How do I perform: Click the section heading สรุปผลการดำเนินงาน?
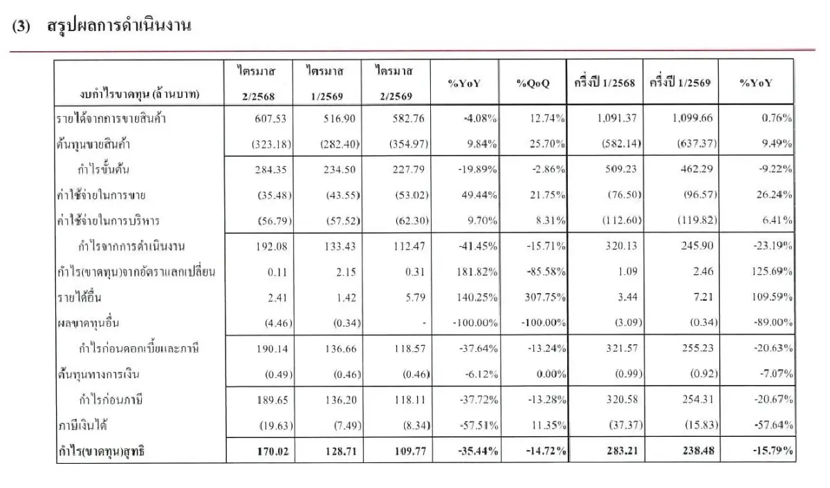(x=119, y=26)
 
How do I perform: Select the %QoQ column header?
(x=533, y=83)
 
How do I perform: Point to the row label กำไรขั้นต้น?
(x=103, y=169)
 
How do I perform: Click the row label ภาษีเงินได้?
(x=82, y=424)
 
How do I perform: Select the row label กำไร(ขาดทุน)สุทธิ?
(x=101, y=451)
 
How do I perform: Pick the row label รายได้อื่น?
(x=80, y=297)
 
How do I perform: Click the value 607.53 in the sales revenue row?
(x=270, y=118)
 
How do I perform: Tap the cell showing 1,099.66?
(x=692, y=118)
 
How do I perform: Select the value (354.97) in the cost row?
(x=408, y=144)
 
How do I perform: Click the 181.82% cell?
(x=477, y=272)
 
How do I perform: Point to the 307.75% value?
(x=545, y=297)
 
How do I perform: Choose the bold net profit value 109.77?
(x=409, y=451)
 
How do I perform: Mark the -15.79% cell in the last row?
(x=773, y=451)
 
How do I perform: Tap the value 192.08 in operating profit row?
(x=272, y=246)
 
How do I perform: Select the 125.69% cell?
(x=772, y=272)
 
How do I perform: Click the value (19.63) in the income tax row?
(x=276, y=425)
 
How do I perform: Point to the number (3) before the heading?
(x=21, y=26)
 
